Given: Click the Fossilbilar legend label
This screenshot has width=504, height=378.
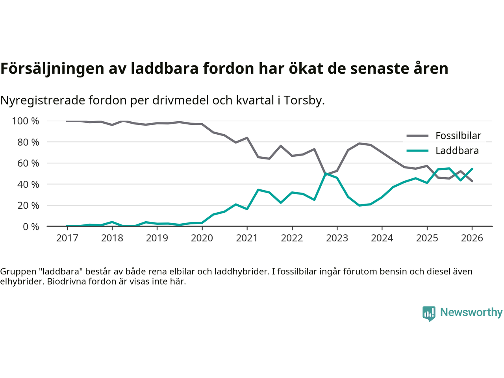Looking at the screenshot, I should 458,136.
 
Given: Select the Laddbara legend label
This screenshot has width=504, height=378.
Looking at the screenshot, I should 457,151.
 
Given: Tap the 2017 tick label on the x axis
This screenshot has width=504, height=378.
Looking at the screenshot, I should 67,238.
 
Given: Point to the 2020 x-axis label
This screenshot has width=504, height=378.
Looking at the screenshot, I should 202,238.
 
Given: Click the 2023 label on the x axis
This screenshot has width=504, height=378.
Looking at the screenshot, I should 337,238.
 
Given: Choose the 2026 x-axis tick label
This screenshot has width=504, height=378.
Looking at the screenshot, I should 472,238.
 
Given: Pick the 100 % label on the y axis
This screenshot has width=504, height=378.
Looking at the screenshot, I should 26,121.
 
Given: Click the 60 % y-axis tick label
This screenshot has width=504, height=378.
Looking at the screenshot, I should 28,163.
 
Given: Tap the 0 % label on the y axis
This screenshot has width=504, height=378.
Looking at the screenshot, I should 30,226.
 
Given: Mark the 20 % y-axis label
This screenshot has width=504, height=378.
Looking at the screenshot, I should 28,205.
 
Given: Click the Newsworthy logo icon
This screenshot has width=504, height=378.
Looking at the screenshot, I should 429,313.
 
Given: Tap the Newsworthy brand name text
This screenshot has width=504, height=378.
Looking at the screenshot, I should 471,312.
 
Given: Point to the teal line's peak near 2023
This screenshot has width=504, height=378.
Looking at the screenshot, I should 326,174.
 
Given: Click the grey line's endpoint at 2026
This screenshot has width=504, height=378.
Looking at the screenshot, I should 472,181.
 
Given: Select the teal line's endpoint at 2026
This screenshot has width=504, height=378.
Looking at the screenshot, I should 472,169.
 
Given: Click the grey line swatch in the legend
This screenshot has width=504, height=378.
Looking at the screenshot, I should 417,136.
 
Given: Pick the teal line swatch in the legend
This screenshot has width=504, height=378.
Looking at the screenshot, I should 417,151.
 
